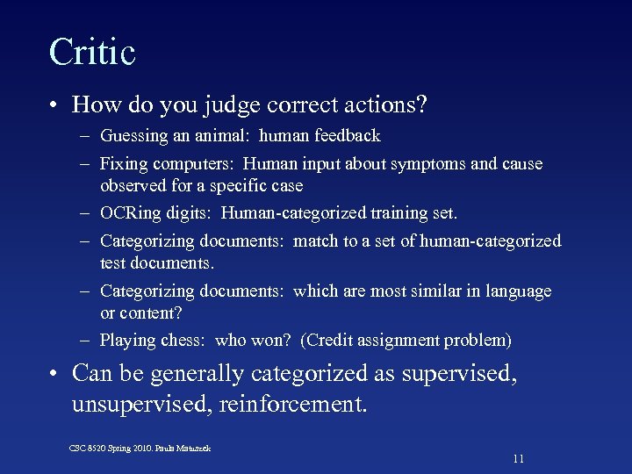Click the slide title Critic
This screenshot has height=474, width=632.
(92, 52)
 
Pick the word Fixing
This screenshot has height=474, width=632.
(123, 164)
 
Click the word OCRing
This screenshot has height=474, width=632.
(128, 213)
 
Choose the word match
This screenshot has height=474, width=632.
(314, 241)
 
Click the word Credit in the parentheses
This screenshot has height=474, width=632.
(333, 341)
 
